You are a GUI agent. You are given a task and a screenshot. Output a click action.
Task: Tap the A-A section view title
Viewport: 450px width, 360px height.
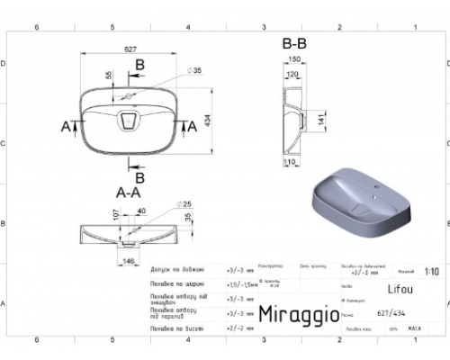coord(128,192)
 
